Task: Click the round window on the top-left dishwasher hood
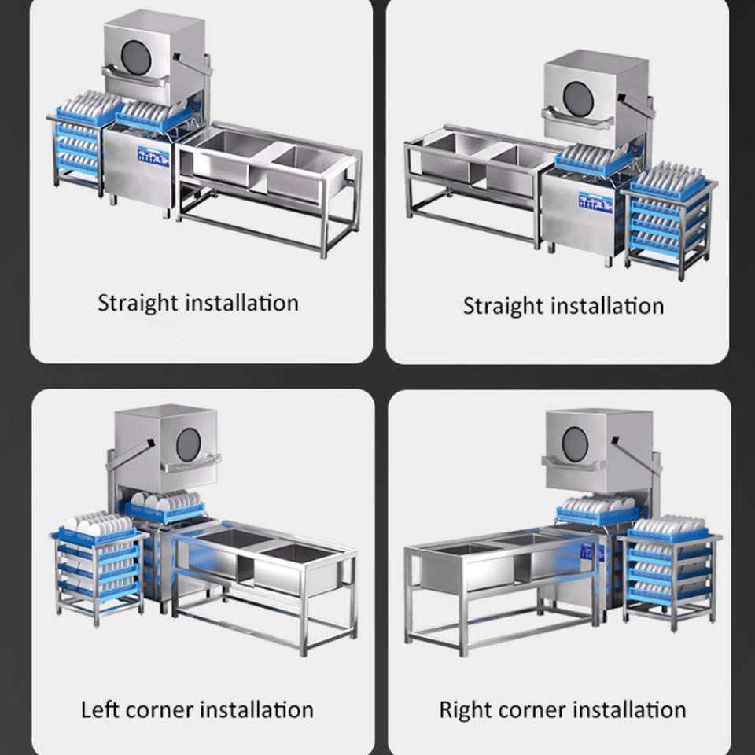point(136,57)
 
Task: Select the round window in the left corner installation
point(188,444)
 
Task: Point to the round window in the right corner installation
point(576,444)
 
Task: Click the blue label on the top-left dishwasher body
point(153,157)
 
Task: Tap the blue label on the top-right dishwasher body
point(595,203)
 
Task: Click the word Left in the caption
point(100,709)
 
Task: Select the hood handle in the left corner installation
point(190,464)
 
